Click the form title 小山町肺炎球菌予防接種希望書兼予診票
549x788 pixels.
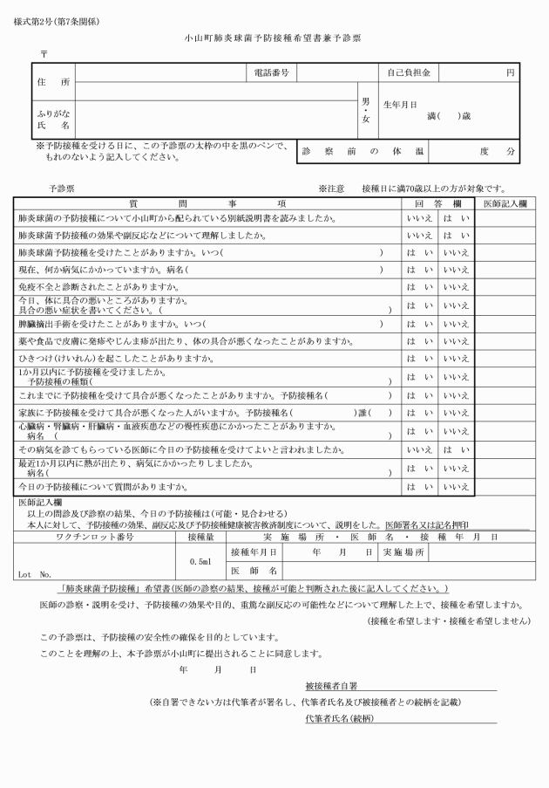[274, 39]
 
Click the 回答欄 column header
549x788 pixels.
[436, 202]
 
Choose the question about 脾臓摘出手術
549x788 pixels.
[113, 323]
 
